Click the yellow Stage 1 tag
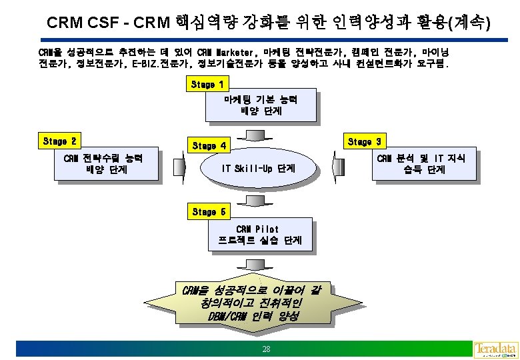tap(207, 85)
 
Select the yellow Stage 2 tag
tap(59, 141)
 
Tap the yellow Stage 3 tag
tap(364, 141)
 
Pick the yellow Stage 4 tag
tap(209, 145)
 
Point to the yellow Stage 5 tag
tap(209, 212)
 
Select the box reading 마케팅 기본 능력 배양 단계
tap(261, 105)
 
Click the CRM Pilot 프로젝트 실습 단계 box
tap(261, 235)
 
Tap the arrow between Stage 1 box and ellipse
tap(261, 134)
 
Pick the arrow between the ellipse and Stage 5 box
tap(261, 199)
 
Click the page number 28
tap(266, 349)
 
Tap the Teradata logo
tap(495, 349)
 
